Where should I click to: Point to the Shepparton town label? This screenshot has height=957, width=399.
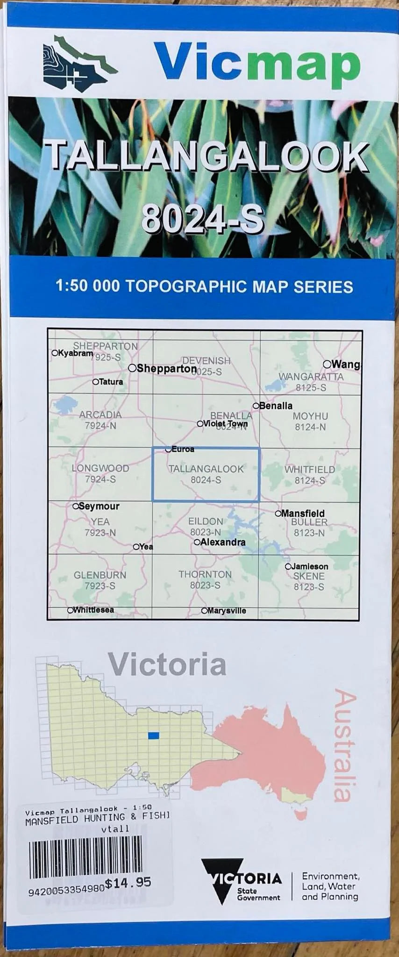pyautogui.click(x=166, y=369)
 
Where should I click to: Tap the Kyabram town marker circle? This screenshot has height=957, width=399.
pyautogui.click(x=55, y=353)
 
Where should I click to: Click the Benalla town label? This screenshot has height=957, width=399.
pyautogui.click(x=276, y=406)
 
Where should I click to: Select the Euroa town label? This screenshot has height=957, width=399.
pyautogui.click(x=183, y=449)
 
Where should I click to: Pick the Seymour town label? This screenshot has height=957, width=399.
pyautogui.click(x=99, y=506)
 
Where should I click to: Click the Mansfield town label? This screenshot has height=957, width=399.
pyautogui.click(x=302, y=513)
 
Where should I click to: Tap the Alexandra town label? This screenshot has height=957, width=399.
pyautogui.click(x=223, y=542)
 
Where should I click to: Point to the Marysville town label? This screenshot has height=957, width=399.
pyautogui.click(x=226, y=611)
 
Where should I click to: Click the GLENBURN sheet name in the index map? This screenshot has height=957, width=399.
pyautogui.click(x=100, y=575)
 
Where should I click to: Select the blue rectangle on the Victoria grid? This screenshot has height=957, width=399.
pyautogui.click(x=153, y=736)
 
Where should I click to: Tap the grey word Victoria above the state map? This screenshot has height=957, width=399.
pyautogui.click(x=167, y=665)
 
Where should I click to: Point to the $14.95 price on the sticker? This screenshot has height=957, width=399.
pyautogui.click(x=128, y=883)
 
